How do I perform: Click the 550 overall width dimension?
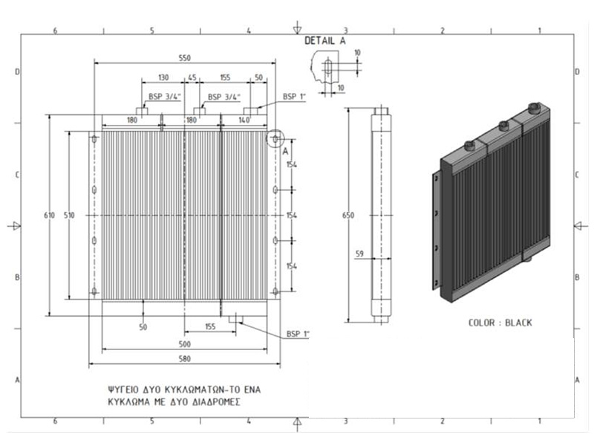click(x=184, y=58)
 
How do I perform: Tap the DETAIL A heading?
click(x=325, y=41)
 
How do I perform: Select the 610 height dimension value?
click(x=49, y=216)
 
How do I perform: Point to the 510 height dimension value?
click(x=69, y=216)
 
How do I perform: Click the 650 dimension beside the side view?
click(x=348, y=216)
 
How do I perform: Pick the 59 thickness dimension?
click(x=359, y=253)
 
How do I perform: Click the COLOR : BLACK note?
click(x=500, y=323)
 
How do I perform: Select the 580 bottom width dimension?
click(x=184, y=359)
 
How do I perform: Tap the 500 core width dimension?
click(x=184, y=344)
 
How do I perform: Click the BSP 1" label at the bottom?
click(x=298, y=334)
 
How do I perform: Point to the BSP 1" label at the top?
click(x=294, y=97)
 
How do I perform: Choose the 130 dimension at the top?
click(x=163, y=77)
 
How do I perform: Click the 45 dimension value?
click(x=192, y=77)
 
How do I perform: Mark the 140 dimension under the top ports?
click(x=245, y=120)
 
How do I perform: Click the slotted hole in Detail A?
click(x=328, y=68)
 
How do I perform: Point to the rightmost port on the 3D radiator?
click(x=534, y=108)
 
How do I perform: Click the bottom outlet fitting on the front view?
click(x=235, y=320)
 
